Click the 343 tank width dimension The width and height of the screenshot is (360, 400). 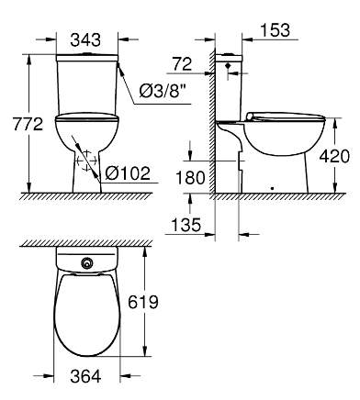pyautogui.click(x=85, y=40)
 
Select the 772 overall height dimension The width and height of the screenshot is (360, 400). pyautogui.click(x=28, y=124)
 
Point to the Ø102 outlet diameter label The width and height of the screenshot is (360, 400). pyautogui.click(x=128, y=173)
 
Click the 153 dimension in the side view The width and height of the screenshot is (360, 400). pyautogui.click(x=275, y=30)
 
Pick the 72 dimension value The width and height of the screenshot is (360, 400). pyautogui.click(x=182, y=64)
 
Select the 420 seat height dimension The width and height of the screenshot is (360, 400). pyautogui.click(x=334, y=156)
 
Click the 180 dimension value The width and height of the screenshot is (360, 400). pyautogui.click(x=190, y=178)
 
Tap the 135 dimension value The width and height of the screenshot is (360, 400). pyautogui.click(x=186, y=225)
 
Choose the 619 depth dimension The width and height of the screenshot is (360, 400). pyautogui.click(x=143, y=302)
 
